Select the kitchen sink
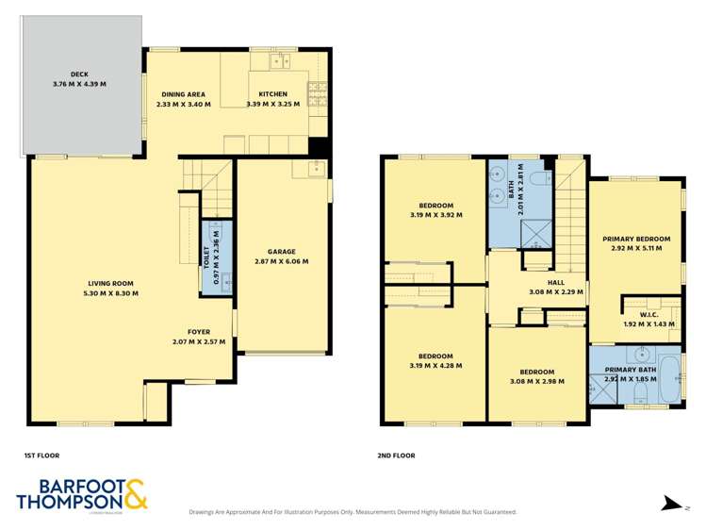pyautogui.click(x=279, y=62)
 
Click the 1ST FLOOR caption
pyautogui.click(x=39, y=455)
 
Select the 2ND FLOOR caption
pyautogui.click(x=396, y=455)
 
